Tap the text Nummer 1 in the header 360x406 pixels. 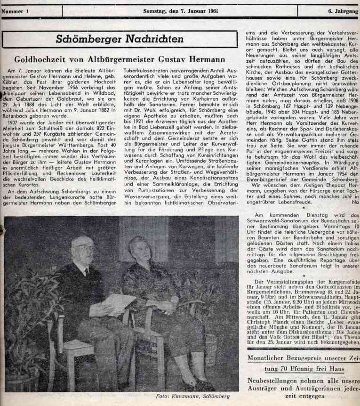tap(16, 10)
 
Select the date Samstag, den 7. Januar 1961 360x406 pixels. tap(181, 10)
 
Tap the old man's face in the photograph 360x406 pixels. tap(83, 252)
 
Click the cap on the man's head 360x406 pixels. tap(81, 241)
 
